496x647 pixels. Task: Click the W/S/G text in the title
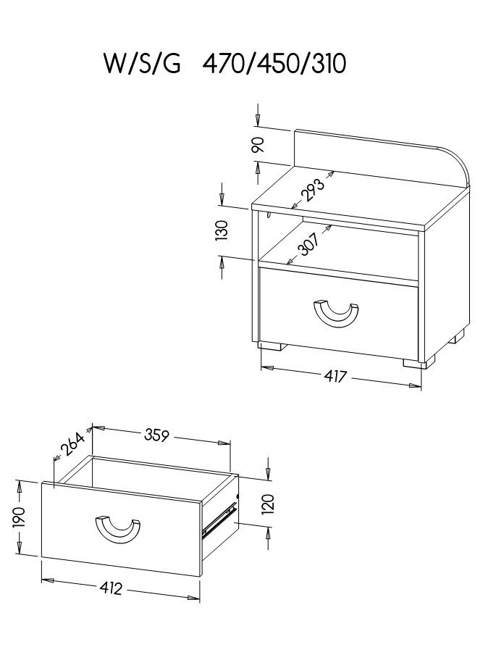pos(142,64)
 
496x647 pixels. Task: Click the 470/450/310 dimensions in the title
pos(274,64)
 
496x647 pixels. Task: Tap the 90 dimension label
pos(258,145)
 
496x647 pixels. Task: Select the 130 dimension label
pos(222,230)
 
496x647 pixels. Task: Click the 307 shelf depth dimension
pos(308,245)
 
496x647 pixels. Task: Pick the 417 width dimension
pos(335,376)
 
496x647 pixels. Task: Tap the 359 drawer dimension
pos(156,435)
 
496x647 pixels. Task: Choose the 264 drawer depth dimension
pos(72,444)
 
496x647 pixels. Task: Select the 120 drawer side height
pos(268,504)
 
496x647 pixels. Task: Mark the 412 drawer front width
pos(111,588)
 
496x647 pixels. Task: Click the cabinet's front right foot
pos(419,363)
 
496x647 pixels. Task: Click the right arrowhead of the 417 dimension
pos(415,385)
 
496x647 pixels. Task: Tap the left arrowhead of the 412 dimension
pos(49,580)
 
